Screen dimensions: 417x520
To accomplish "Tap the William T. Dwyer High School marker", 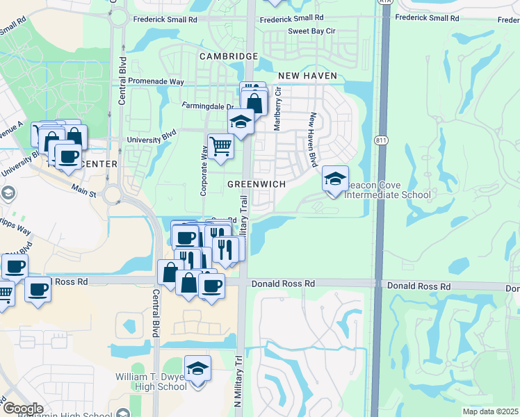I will [x=198, y=369].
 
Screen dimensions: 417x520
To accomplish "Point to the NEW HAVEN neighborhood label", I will [x=307, y=75].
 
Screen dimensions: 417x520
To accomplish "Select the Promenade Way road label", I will [x=156, y=81].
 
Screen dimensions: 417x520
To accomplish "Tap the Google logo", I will [x=23, y=408].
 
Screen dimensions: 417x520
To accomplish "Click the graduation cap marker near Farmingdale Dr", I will [x=241, y=122].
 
